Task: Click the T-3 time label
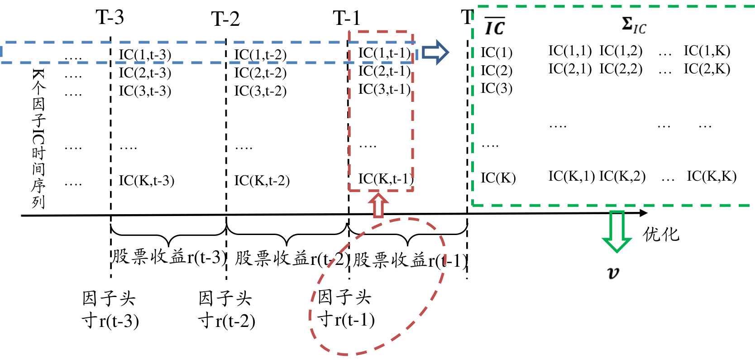pyautogui.click(x=110, y=18)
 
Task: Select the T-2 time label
pyautogui.click(x=225, y=19)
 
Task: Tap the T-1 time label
pyautogui.click(x=346, y=19)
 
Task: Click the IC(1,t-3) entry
pyautogui.click(x=145, y=55)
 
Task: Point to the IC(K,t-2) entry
pyautogui.click(x=262, y=181)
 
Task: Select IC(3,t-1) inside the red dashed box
pyautogui.click(x=384, y=89)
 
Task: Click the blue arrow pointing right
pyautogui.click(x=435, y=52)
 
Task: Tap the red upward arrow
pyautogui.click(x=378, y=205)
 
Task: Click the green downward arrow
pyautogui.click(x=616, y=231)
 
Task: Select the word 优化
pyautogui.click(x=661, y=234)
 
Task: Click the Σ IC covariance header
pyautogui.click(x=633, y=26)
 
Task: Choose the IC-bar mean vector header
pyautogui.click(x=494, y=27)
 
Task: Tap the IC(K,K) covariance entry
pyautogui.click(x=712, y=176)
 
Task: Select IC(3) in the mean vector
pyautogui.click(x=496, y=88)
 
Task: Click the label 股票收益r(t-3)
pyautogui.click(x=168, y=257)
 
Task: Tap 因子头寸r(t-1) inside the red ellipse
pyautogui.click(x=346, y=309)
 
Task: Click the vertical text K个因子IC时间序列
pyautogui.click(x=38, y=139)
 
